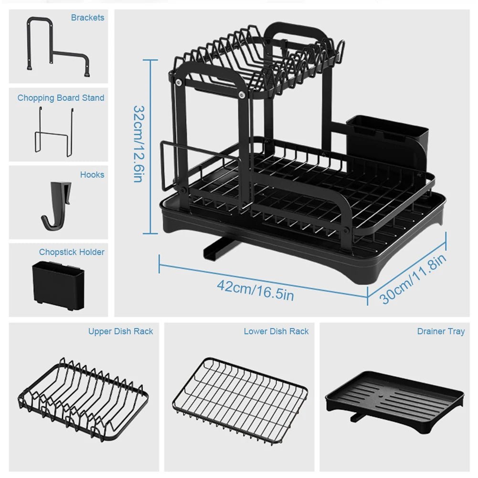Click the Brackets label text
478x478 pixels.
[x=87, y=18]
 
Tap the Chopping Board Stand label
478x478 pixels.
[x=61, y=98]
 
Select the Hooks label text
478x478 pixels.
[x=92, y=175]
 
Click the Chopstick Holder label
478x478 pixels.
[x=72, y=252]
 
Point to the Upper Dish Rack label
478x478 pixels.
[x=120, y=331]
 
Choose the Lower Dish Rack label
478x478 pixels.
[x=276, y=331]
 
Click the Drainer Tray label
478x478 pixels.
[x=440, y=331]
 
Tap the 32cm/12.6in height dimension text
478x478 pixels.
[x=138, y=144]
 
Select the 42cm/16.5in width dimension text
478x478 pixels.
[x=255, y=290]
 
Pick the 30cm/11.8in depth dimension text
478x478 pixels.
[x=414, y=279]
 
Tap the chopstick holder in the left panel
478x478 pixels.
[x=58, y=285]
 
